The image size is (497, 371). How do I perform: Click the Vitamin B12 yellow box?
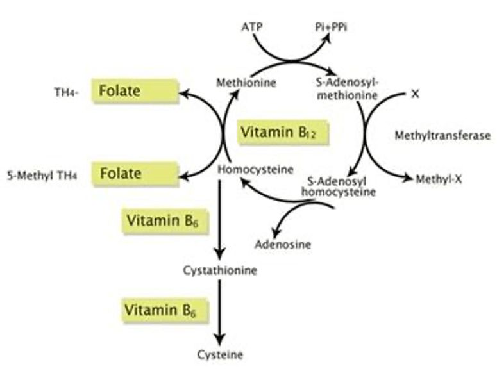pos(283,133)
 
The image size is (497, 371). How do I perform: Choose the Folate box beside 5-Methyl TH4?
pos(133,173)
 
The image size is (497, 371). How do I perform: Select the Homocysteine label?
pos(255,170)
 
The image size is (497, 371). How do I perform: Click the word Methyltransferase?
pos(442,135)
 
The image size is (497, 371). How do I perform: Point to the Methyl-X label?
pos(439,178)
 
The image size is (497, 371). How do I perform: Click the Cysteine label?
pos(220,353)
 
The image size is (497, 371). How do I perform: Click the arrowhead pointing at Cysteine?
pos(221,338)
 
